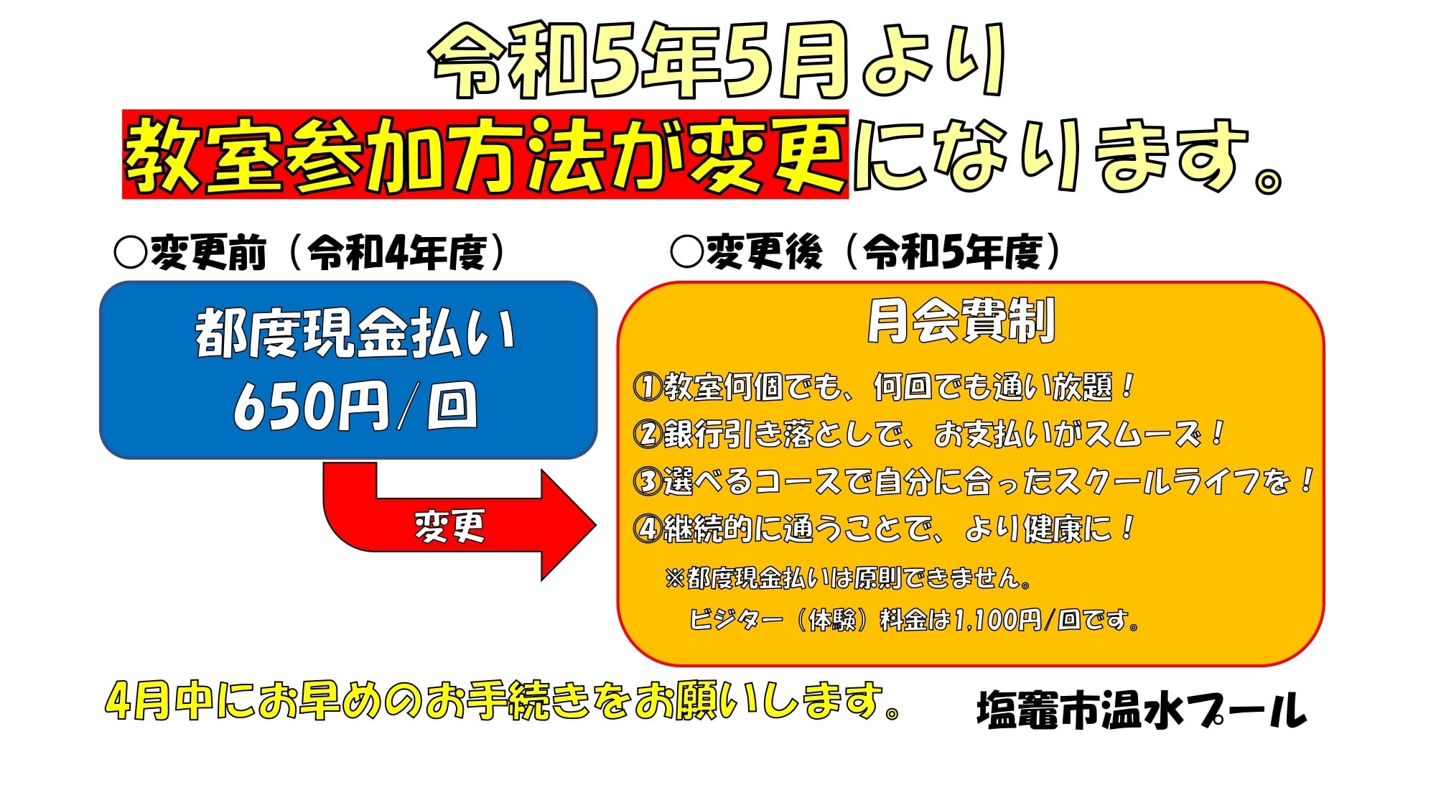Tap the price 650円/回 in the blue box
(x=355, y=406)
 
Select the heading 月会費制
(x=961, y=321)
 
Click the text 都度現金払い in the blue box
(x=355, y=333)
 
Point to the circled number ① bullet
(x=647, y=386)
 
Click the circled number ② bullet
(x=647, y=434)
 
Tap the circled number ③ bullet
(x=647, y=481)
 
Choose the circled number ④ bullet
(x=647, y=529)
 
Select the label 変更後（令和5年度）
(x=866, y=253)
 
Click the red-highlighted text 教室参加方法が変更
(x=485, y=154)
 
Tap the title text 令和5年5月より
(x=718, y=60)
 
